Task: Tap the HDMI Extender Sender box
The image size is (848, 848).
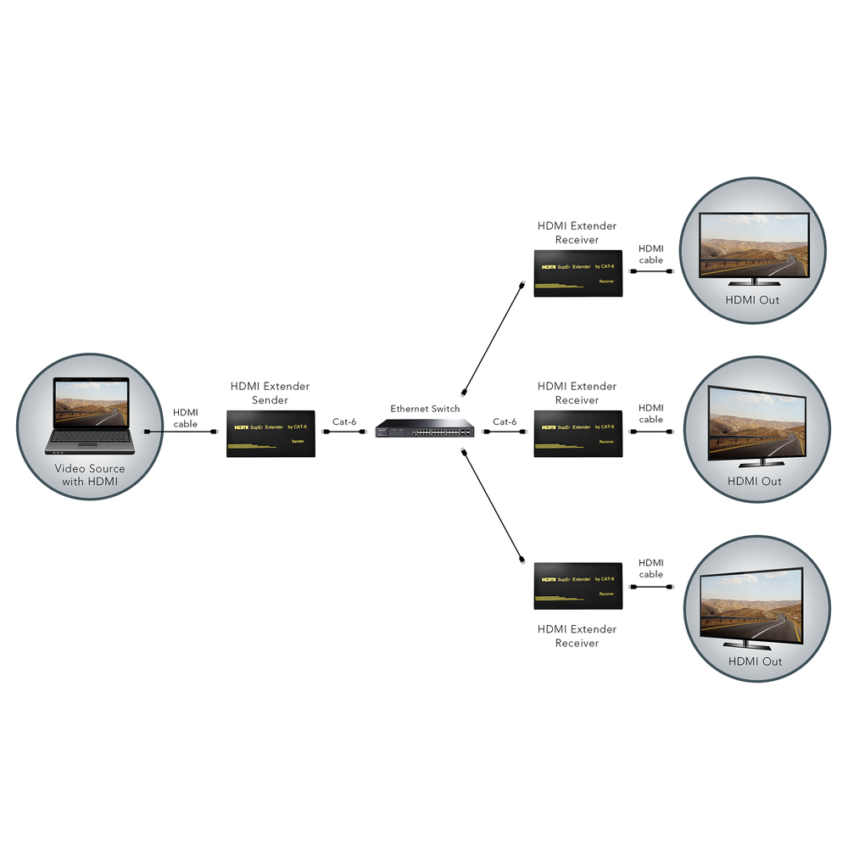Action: [x=271, y=433]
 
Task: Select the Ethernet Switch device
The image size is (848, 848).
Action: [x=425, y=430]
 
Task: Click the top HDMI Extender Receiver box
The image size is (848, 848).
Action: [x=578, y=273]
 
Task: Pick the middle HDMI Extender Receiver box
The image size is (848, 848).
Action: [x=578, y=433]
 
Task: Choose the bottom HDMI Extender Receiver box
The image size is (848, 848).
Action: [x=578, y=586]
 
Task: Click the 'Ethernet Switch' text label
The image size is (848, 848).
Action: [x=425, y=409]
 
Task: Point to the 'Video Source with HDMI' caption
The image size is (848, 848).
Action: [x=90, y=476]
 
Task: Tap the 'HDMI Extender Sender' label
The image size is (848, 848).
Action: [x=271, y=393]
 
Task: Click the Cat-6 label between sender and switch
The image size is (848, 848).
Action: [x=344, y=421]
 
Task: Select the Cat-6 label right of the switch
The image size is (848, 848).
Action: [x=505, y=421]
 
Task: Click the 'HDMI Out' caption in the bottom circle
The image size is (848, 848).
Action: [x=755, y=661]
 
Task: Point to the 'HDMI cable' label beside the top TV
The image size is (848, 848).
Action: [x=650, y=254]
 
